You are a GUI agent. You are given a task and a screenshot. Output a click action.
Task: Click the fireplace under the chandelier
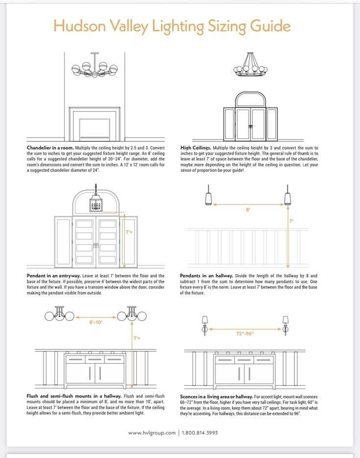[94, 124]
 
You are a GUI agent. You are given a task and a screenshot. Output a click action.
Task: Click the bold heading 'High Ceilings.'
[196, 147]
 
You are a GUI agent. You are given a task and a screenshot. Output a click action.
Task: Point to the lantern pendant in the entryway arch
[96, 202]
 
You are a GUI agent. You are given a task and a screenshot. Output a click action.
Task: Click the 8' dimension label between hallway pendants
[248, 209]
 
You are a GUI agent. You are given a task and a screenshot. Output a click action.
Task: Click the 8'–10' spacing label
[96, 322]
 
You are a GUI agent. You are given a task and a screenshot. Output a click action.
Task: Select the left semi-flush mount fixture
[60, 314]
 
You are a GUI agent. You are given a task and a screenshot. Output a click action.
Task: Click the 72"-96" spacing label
[245, 334]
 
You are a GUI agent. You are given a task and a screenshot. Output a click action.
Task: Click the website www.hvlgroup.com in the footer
[152, 433]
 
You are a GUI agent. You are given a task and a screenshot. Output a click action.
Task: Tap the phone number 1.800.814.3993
[200, 433]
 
